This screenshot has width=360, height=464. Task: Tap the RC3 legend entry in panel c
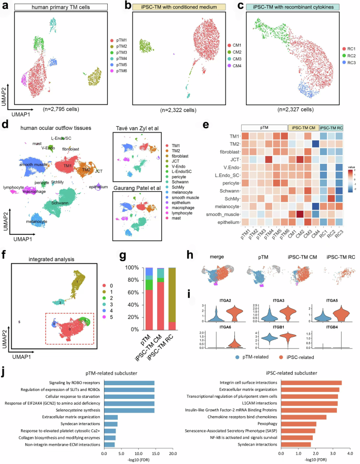(345, 70)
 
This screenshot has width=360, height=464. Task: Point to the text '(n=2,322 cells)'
(179, 110)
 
